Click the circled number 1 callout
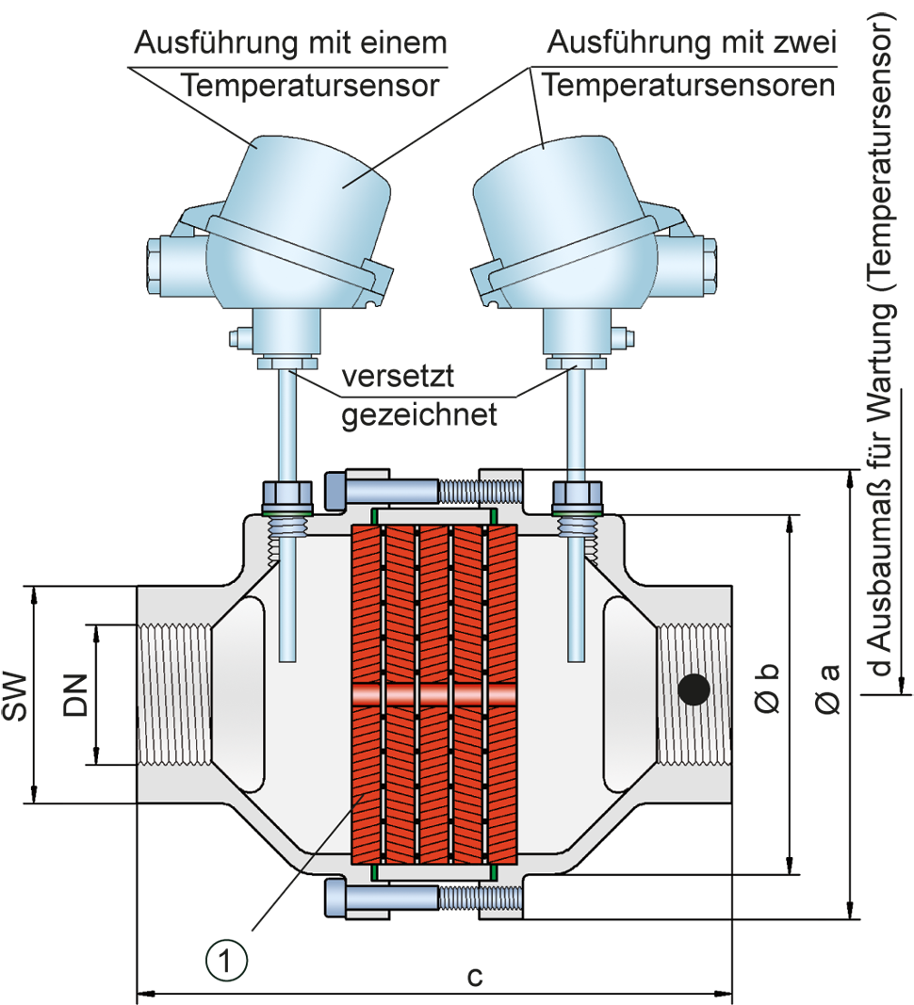(x=226, y=961)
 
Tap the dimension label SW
(x=15, y=696)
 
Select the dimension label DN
(x=74, y=695)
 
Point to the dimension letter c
(x=475, y=976)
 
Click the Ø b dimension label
(x=767, y=688)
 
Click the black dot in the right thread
(x=694, y=689)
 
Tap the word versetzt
(x=397, y=376)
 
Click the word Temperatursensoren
(x=689, y=86)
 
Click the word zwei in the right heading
(x=805, y=43)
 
